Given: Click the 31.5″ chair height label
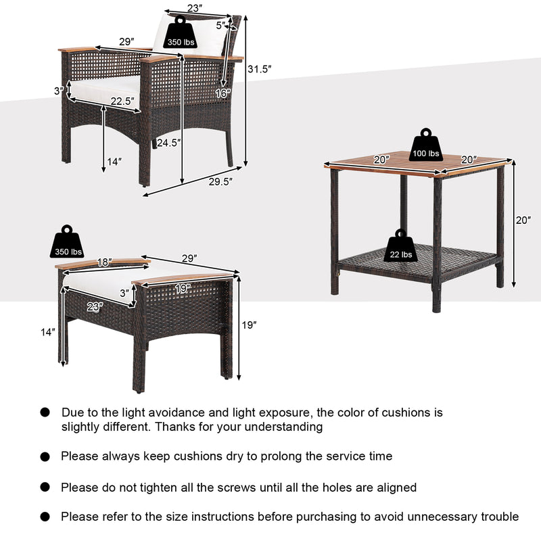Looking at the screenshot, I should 258,68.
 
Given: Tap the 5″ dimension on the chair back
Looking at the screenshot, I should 220,26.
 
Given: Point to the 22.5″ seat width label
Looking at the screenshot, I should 122,102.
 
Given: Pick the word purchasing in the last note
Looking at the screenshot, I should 312,517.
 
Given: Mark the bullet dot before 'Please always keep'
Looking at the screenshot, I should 45,457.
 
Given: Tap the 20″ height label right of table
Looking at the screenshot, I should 523,220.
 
